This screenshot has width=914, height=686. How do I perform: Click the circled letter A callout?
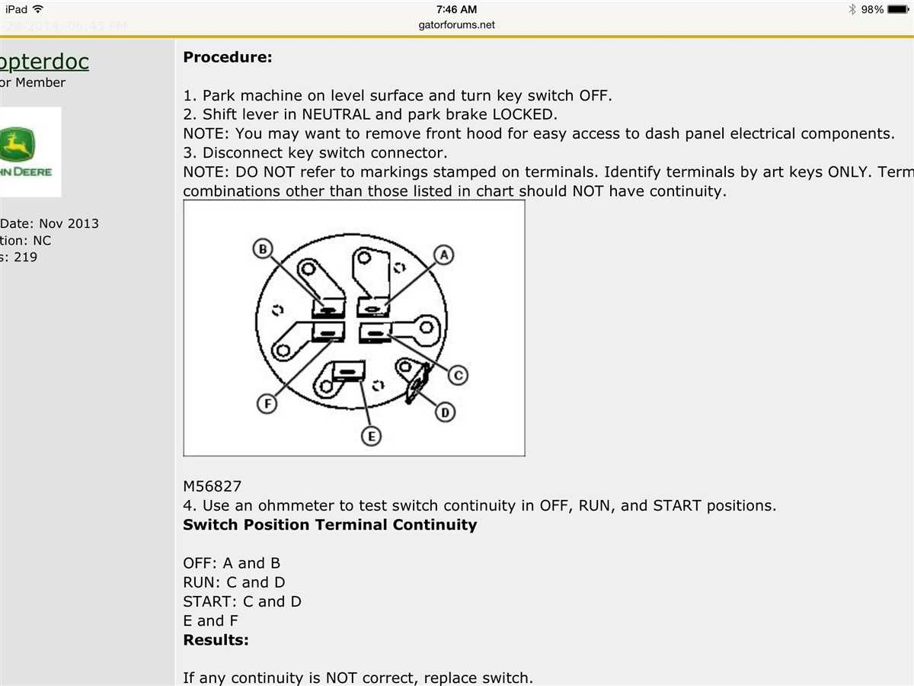(445, 255)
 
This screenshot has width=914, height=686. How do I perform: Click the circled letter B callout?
(263, 248)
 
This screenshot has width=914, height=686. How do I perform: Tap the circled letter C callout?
(457, 374)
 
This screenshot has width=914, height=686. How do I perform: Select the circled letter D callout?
(445, 412)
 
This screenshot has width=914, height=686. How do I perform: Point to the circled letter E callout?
(371, 437)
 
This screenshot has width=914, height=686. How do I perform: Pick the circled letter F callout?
(266, 404)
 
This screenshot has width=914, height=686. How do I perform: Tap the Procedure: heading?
(227, 57)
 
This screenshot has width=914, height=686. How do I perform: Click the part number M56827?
(213, 486)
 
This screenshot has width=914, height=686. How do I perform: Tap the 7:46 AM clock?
(457, 9)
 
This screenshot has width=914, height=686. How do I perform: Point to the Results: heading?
(216, 640)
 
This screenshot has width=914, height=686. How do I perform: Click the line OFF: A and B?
(232, 563)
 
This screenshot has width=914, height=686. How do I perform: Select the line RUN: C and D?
(234, 582)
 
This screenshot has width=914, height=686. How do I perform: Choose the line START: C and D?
(242, 601)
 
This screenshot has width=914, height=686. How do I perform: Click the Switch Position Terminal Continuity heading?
(330, 524)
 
